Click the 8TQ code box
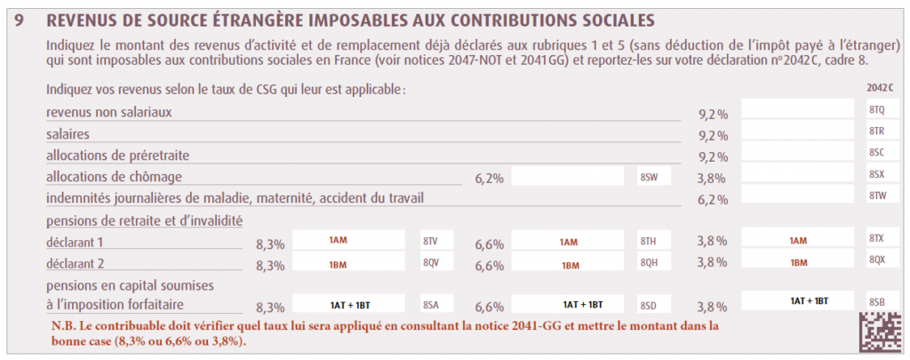pyautogui.click(x=876, y=109)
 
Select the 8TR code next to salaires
pyautogui.click(x=876, y=131)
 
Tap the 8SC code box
pyautogui.click(x=876, y=152)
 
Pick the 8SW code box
pyautogui.click(x=649, y=175)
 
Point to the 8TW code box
pyautogui.click(x=876, y=195)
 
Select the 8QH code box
pyautogui.click(x=649, y=262)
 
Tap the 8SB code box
pyautogui.click(x=876, y=302)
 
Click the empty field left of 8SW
pyautogui.click(x=568, y=175)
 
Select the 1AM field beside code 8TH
pyautogui.click(x=568, y=241)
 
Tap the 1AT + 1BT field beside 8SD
pyautogui.click(x=568, y=304)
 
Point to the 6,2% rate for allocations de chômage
pyautogui.click(x=489, y=179)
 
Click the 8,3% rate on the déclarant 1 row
pyautogui.click(x=270, y=243)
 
